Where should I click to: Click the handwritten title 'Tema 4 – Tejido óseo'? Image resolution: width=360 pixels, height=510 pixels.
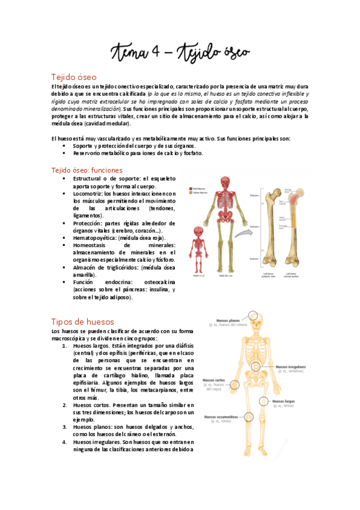[180, 53]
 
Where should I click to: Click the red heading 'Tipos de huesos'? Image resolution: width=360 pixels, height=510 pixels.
[82, 322]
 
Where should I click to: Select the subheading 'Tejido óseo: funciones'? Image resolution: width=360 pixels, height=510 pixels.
[87, 170]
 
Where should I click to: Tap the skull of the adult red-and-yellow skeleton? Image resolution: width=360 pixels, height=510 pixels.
[225, 182]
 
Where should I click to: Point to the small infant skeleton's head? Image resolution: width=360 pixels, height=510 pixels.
[200, 233]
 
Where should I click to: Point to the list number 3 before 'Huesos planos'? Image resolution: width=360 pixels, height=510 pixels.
[64, 426]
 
